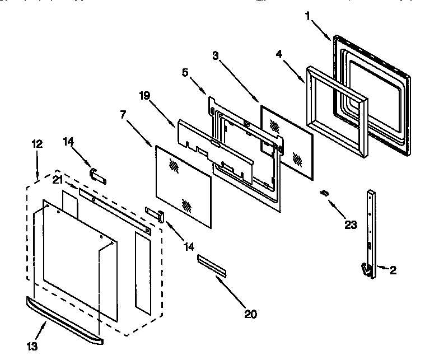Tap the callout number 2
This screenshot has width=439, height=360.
(393, 270)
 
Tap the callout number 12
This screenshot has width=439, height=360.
(37, 144)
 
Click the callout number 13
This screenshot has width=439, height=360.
(33, 347)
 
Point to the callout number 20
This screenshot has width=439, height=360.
(250, 315)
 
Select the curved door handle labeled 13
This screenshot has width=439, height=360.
(64, 321)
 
